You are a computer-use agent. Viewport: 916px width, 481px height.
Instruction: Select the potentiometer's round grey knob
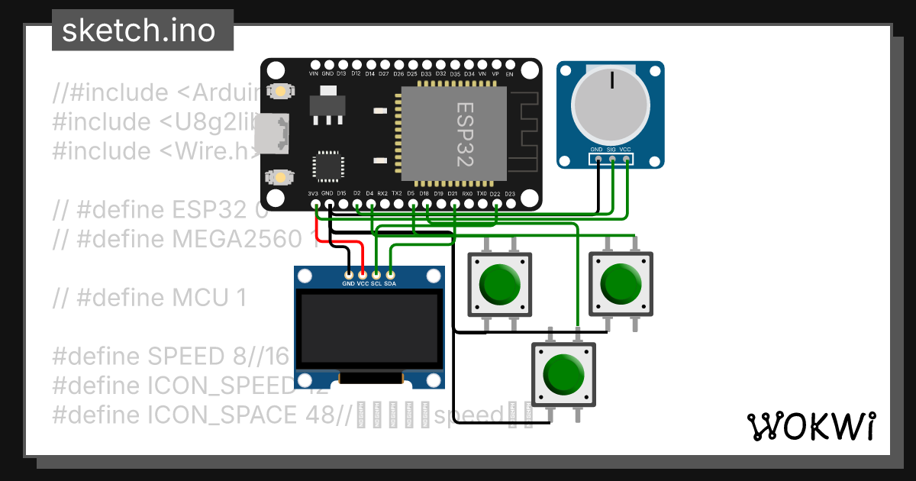tap(610, 106)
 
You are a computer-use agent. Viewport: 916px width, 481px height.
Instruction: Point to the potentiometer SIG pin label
tap(611, 150)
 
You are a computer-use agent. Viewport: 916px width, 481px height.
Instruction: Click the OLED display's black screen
tap(369, 329)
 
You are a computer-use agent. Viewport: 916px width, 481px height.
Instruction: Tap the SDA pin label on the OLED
tap(390, 284)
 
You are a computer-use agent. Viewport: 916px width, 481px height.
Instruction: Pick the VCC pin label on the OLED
tap(363, 284)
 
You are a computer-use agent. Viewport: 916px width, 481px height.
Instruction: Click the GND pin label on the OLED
tap(348, 284)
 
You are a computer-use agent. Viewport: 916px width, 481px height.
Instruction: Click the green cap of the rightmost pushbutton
tap(621, 282)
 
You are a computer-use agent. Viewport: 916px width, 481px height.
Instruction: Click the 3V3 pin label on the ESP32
tap(313, 194)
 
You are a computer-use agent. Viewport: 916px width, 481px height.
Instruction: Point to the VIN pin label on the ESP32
tap(313, 74)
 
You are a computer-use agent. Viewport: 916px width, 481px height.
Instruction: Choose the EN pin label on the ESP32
tap(510, 74)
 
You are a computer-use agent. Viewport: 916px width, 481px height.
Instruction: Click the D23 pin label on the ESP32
tap(510, 194)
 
